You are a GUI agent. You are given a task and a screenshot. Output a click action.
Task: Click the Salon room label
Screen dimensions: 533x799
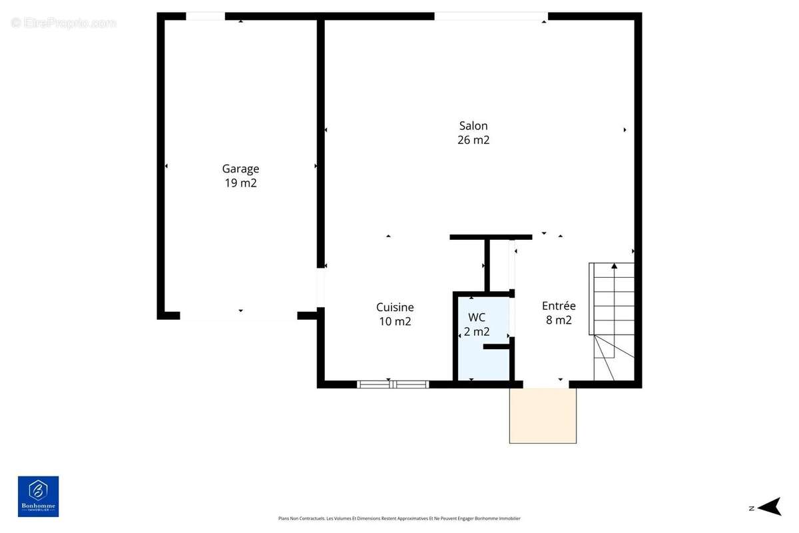(x=473, y=126)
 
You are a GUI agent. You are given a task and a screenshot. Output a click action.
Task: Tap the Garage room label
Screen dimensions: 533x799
(x=240, y=169)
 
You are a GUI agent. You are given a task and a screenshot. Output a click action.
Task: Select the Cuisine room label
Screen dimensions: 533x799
(x=395, y=307)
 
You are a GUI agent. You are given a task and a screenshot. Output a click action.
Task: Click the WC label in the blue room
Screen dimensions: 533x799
(x=477, y=316)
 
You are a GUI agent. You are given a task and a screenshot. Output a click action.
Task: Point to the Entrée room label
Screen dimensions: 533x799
(x=559, y=306)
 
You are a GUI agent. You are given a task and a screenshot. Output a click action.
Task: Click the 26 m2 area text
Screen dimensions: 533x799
(x=473, y=140)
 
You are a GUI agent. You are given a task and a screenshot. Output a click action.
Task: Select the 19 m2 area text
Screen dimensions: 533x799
(x=240, y=183)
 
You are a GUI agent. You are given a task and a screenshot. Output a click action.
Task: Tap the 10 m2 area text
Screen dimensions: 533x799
(x=395, y=321)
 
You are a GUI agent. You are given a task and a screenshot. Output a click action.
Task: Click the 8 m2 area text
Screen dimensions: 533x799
(x=559, y=320)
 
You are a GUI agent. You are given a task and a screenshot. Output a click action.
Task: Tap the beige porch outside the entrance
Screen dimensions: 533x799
(x=543, y=416)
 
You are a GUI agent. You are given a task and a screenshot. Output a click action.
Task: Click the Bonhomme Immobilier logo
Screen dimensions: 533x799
(x=38, y=496)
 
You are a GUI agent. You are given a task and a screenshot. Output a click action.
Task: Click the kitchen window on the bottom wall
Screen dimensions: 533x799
(x=393, y=384)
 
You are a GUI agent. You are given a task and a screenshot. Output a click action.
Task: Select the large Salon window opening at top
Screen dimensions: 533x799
(x=491, y=16)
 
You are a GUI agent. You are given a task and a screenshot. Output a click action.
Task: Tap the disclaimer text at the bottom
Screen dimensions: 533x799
(x=399, y=518)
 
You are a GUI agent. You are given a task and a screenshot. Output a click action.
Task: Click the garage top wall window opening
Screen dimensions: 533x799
(x=205, y=16)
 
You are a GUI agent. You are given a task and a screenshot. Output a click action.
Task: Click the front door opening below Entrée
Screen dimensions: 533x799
(x=546, y=384)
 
